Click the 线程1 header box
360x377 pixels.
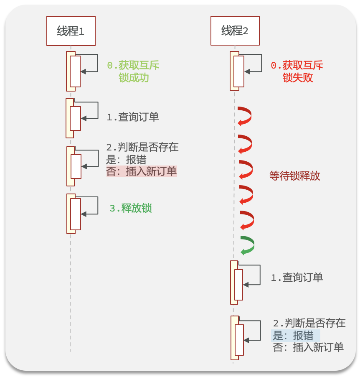click(71, 31)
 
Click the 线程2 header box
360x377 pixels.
click(235, 31)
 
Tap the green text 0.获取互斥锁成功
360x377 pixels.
click(133, 71)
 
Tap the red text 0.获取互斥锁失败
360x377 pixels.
click(297, 71)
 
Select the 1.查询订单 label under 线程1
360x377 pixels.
click(133, 117)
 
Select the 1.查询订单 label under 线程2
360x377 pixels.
click(297, 278)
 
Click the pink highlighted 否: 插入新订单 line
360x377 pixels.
click(142, 171)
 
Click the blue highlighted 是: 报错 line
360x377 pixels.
click(296, 336)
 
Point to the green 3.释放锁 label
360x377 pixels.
click(130, 208)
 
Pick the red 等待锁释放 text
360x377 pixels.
click(295, 176)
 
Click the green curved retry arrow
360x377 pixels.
click(247, 245)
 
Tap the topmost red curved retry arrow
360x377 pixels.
click(244, 115)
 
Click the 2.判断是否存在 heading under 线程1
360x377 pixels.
click(142, 147)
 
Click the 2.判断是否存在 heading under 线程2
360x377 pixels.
click(309, 323)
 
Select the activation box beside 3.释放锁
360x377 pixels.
click(75, 214)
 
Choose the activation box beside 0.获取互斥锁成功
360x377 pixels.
click(75, 71)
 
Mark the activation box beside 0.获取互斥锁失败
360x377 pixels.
click(238, 71)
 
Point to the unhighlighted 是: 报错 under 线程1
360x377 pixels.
click(126, 160)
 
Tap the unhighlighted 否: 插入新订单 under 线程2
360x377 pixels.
click(308, 347)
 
